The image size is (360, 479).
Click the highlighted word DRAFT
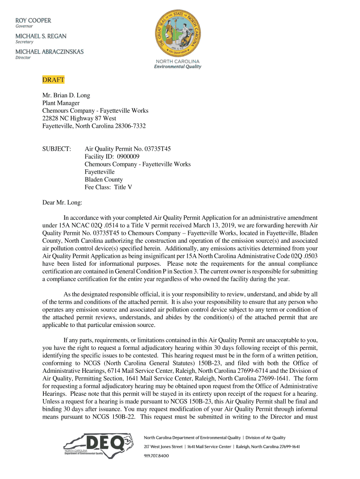tap(53, 80)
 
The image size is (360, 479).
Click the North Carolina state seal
tap(178, 32)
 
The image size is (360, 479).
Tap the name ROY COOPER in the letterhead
tap(33, 21)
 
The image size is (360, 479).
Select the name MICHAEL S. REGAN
tap(41, 36)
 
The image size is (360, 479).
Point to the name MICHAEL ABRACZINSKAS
tap(50, 51)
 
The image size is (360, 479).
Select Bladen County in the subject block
tap(104, 180)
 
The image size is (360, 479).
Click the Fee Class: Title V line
tap(108, 187)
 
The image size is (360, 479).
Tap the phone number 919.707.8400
tap(156, 456)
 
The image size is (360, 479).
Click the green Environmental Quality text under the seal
tap(178, 67)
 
